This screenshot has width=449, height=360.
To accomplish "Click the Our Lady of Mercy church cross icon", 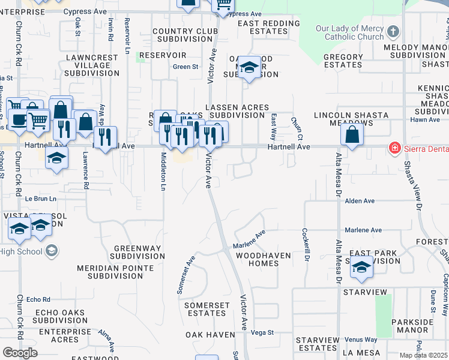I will pyautogui.click(x=393, y=31).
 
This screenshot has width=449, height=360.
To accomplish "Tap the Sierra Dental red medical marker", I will pyautogui.click(x=395, y=147).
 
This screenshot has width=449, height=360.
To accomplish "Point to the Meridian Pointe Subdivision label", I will pyautogui.click(x=122, y=272).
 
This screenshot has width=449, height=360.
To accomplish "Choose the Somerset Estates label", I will pyautogui.click(x=206, y=309).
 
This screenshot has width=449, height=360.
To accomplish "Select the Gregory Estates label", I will pyautogui.click(x=343, y=61).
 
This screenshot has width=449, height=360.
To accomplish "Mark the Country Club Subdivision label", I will pyautogui.click(x=181, y=35).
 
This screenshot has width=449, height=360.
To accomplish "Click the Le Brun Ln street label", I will pyautogui.click(x=40, y=199).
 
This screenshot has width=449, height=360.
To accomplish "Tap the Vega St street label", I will pyautogui.click(x=262, y=332).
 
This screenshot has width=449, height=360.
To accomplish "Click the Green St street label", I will pyautogui.click(x=185, y=67).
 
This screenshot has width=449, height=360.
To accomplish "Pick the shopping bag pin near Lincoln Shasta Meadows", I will pyautogui.click(x=352, y=135).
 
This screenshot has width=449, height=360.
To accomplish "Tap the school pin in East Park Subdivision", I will pyautogui.click(x=362, y=267).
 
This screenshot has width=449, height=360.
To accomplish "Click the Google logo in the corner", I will pyautogui.click(x=20, y=353).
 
